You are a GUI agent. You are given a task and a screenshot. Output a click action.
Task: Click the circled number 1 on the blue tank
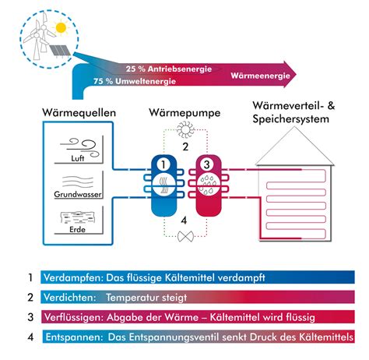[163, 164]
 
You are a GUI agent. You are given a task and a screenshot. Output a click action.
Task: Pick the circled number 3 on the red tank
[206, 164]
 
